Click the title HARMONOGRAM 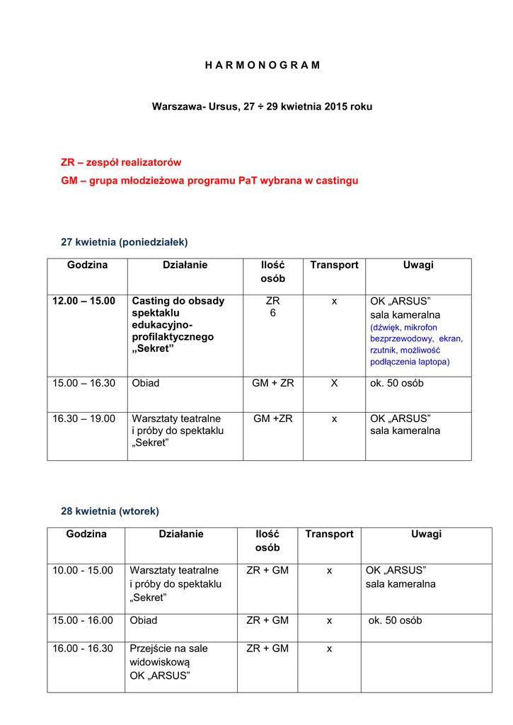coord(263,64)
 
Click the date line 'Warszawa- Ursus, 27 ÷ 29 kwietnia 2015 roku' coord(262,107)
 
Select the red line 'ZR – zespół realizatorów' coord(121,162)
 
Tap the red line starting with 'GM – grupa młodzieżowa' coord(209,181)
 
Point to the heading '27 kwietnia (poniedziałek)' coord(125,242)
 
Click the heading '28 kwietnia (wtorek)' coord(110,510)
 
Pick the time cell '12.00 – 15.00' coord(83,301)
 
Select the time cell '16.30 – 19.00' coord(83,418)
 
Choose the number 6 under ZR coord(272,313)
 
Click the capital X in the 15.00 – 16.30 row coord(334,383)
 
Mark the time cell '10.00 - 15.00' coord(83,570)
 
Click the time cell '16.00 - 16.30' coord(83,649)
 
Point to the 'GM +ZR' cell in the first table coord(272,418)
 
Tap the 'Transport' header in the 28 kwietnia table coord(329,534)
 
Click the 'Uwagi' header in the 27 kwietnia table coord(418,265)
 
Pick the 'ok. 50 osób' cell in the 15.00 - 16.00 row coord(396,620)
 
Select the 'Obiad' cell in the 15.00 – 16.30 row coord(146,383)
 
